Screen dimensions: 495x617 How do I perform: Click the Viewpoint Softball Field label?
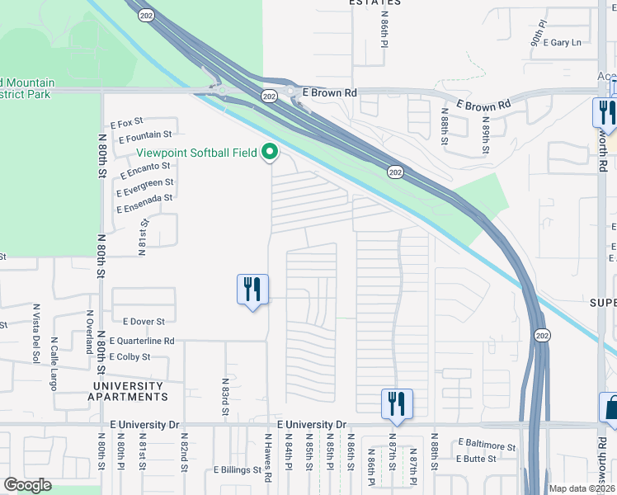(x=197, y=153)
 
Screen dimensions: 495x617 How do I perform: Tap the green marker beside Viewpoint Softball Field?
(x=269, y=152)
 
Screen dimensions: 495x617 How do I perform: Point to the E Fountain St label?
(x=144, y=134)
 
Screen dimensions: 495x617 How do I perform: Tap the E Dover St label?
(x=144, y=321)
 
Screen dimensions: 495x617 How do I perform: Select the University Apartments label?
(x=128, y=391)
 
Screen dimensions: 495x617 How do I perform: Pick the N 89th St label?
(x=486, y=136)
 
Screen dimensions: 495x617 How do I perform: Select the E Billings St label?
(x=238, y=470)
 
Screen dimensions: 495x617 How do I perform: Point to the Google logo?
(x=27, y=485)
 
